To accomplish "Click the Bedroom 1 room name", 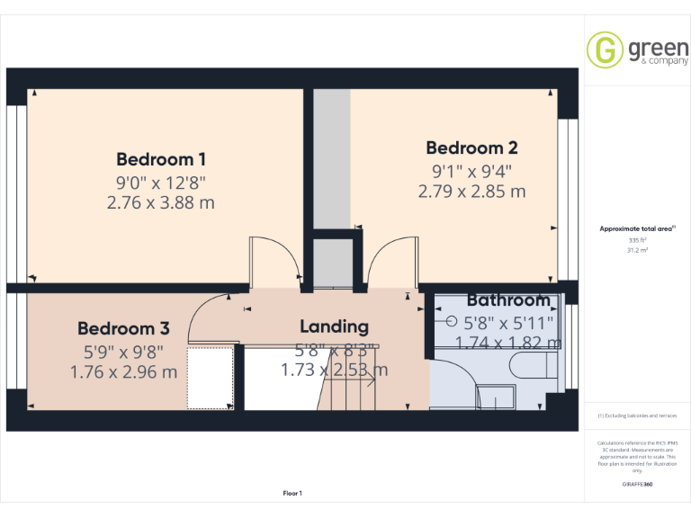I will (161, 159).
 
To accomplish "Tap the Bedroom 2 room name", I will (471, 147).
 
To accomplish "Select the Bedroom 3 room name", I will (122, 328).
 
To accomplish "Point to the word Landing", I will (334, 326).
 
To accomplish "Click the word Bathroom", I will (507, 300).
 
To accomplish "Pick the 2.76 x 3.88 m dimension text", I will (161, 202).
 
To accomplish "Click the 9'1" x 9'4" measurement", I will (471, 170).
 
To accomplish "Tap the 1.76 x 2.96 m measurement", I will (123, 371).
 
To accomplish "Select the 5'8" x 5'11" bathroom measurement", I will (508, 321).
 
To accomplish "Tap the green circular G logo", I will (605, 49).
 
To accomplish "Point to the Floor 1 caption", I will (292, 493).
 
